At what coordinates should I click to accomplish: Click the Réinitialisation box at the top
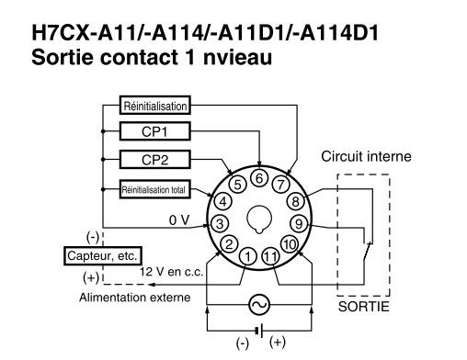click(155, 106)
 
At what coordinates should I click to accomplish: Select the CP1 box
click(154, 130)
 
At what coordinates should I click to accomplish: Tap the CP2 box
click(154, 160)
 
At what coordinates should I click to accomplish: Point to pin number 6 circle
click(260, 177)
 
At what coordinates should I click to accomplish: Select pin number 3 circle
click(220, 223)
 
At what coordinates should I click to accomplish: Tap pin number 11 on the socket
click(270, 256)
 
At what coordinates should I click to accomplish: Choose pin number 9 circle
click(297, 223)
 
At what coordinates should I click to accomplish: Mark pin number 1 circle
click(247, 256)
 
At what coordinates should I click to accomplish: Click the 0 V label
click(179, 219)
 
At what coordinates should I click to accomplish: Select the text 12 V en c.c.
click(165, 273)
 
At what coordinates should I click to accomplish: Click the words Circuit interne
click(366, 156)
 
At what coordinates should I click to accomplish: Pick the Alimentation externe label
click(134, 297)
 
